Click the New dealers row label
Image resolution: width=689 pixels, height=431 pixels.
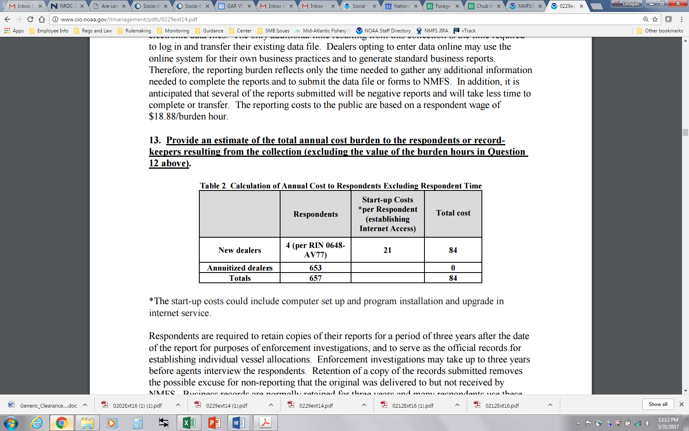point(240,250)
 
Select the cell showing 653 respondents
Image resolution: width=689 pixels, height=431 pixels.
point(315,268)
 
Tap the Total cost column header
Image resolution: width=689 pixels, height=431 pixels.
point(453,213)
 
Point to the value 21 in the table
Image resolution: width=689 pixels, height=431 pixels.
point(387,250)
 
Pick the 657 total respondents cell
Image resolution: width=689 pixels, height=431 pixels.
point(315,278)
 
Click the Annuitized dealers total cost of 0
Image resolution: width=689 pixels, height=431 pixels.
point(453,268)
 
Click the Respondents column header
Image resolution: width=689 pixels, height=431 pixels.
point(315,214)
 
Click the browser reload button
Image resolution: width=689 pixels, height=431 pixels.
point(30,19)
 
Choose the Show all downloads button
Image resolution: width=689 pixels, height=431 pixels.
point(658,404)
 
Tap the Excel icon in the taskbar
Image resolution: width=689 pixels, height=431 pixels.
point(189,422)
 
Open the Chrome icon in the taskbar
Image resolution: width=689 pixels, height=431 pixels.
point(62,422)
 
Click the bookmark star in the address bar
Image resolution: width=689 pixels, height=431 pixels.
point(655,19)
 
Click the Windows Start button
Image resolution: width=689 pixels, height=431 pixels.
point(11,422)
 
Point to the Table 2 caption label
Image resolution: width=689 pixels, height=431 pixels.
point(213,186)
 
